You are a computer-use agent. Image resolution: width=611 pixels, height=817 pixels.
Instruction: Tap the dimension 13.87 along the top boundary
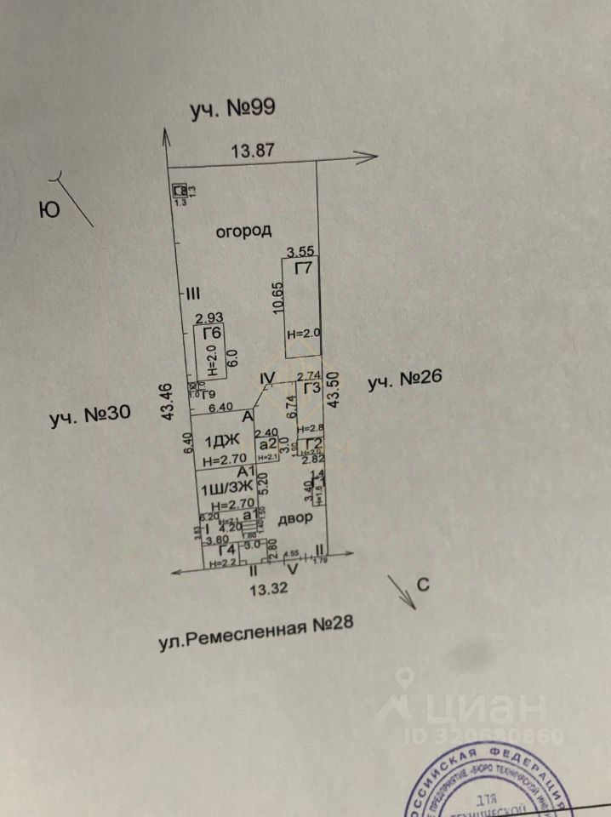[253, 151]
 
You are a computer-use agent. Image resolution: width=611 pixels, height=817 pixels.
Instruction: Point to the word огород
[243, 231]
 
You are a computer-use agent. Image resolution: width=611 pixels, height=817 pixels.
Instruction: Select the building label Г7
[302, 269]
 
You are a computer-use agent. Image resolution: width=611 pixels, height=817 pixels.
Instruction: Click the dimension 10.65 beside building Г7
[277, 300]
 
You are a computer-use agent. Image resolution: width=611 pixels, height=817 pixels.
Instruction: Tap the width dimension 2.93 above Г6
[208, 318]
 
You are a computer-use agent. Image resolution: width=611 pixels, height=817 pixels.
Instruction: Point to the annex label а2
[268, 443]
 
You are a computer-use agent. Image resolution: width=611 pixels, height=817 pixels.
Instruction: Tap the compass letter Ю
[50, 209]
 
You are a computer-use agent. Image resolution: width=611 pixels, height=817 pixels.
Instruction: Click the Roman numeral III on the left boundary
[192, 294]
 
